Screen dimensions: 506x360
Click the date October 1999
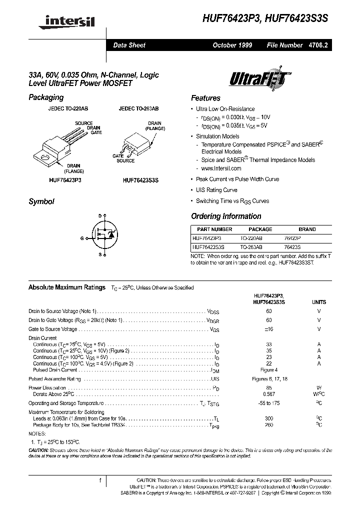pyautogui.click(x=232, y=45)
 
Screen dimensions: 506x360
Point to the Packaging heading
pyautogui.click(x=46, y=97)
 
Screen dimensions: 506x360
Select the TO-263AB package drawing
pyautogui.click(x=138, y=143)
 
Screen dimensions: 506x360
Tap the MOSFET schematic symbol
pyautogui.click(x=104, y=234)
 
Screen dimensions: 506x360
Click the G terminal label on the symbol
pyautogui.click(x=82, y=238)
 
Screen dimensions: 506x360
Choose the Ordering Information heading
pyautogui.click(x=226, y=216)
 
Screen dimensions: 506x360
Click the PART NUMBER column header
pyautogui.click(x=211, y=229)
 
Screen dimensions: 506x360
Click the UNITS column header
pyautogui.click(x=319, y=302)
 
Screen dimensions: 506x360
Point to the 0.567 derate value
pyautogui.click(x=269, y=394)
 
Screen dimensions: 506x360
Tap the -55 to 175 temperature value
pyautogui.click(x=269, y=403)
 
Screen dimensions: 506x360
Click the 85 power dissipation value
pyautogui.click(x=269, y=387)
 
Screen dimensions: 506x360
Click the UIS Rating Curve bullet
pyautogui.click(x=216, y=190)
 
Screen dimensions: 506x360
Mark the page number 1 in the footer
pyautogui.click(x=100, y=480)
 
